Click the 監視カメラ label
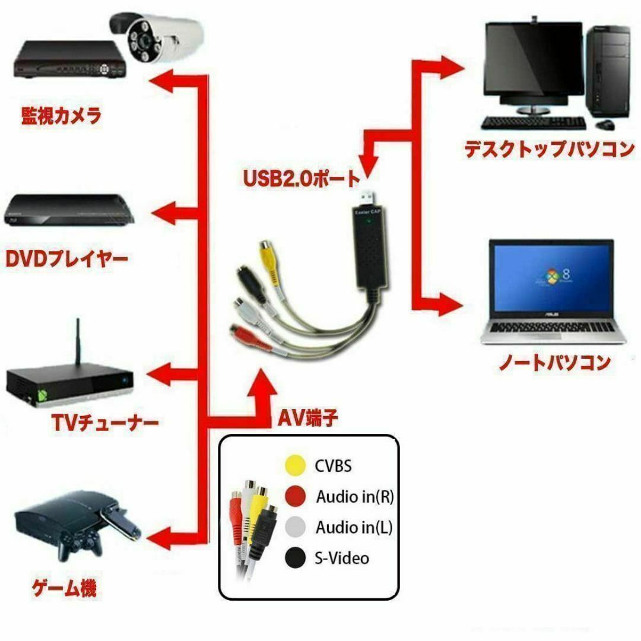[x=61, y=116]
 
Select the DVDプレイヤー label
[x=66, y=259]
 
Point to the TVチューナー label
[x=106, y=423]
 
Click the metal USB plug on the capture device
[x=368, y=198]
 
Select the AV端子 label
[x=308, y=418]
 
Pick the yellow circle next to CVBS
[x=295, y=465]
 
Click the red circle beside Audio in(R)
[x=295, y=496]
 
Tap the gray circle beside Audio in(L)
[x=295, y=527]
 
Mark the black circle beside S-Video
[x=295, y=557]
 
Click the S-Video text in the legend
[x=342, y=558]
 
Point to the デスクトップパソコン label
[x=549, y=149]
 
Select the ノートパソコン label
[x=555, y=362]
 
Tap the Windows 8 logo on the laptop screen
[x=554, y=277]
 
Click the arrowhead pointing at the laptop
[x=450, y=304]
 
